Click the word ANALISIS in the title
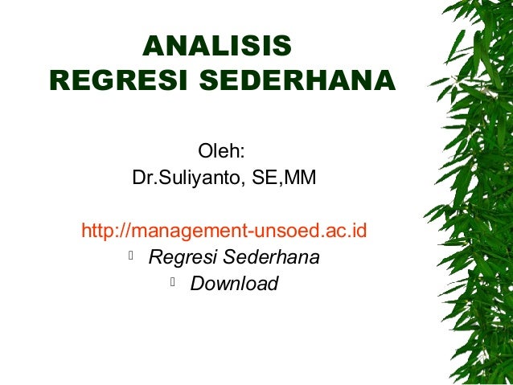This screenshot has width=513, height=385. [x=216, y=47]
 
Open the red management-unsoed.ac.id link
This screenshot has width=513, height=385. [x=224, y=231]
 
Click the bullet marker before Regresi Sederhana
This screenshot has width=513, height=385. [x=129, y=256]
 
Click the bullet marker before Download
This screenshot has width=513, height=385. [x=170, y=282]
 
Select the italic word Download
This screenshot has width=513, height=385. [x=234, y=284]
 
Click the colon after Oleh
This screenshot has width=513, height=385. [x=241, y=152]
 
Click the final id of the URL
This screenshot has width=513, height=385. [x=359, y=231]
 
